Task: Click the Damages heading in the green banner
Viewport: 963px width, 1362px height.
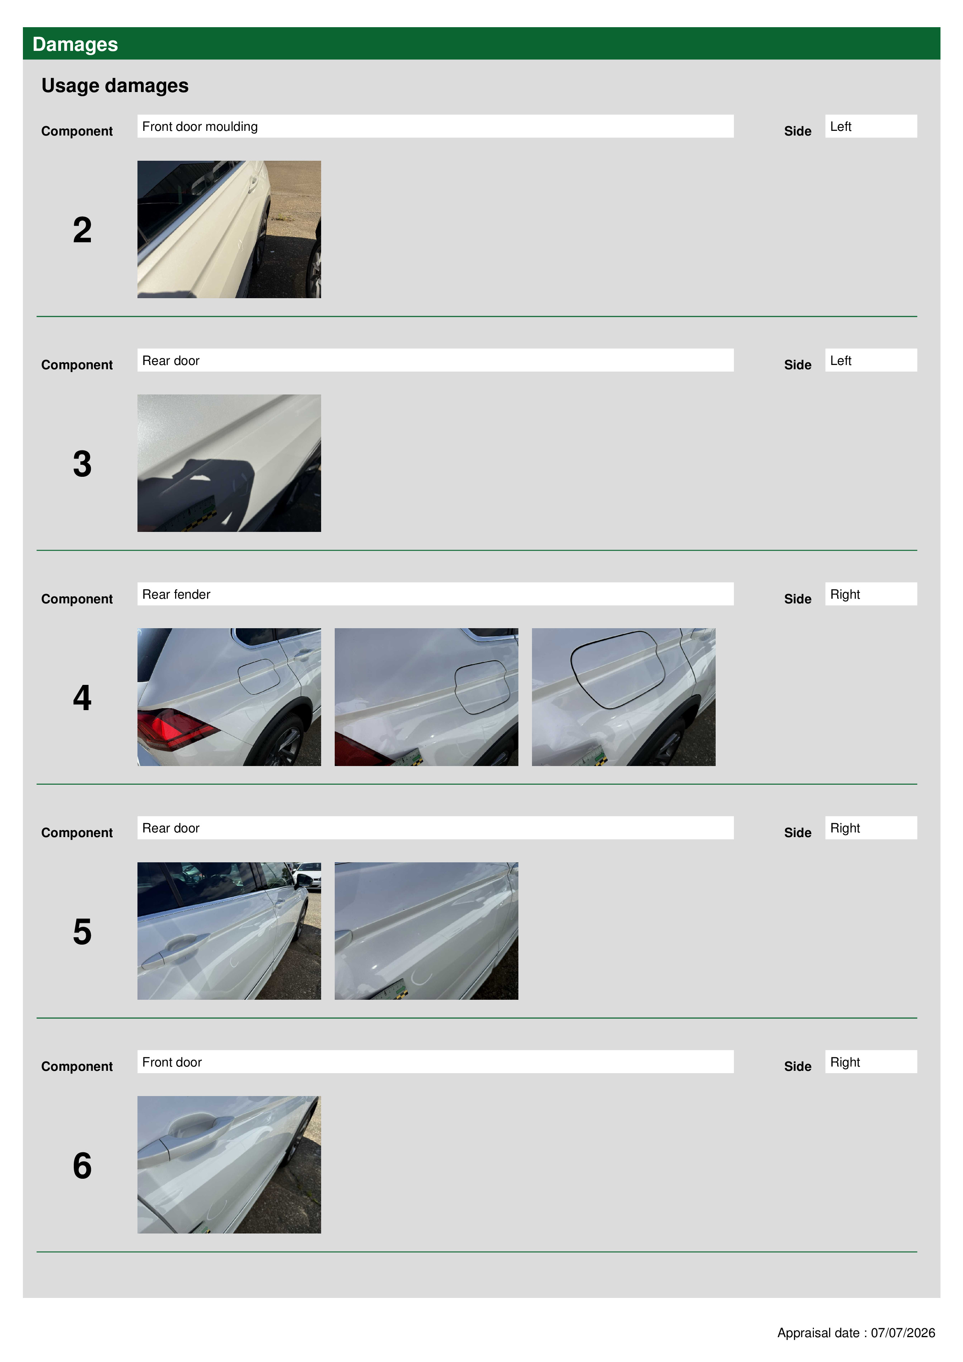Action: pos(75,45)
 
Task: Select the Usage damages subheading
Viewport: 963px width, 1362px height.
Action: pos(115,86)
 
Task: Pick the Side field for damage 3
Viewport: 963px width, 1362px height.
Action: pos(871,360)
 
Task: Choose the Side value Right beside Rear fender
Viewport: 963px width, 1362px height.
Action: pos(871,594)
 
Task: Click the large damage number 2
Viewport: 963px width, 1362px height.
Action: pos(82,230)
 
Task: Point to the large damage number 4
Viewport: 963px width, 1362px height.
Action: pos(82,698)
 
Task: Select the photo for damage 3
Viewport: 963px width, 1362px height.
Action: pos(229,463)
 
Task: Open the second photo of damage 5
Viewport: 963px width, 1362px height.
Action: pos(426,931)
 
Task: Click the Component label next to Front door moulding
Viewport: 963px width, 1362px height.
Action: pos(77,131)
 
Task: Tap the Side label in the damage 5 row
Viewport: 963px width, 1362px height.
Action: pos(798,832)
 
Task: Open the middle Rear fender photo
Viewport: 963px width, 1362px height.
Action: pos(426,697)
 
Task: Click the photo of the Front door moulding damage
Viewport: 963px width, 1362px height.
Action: pos(229,229)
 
